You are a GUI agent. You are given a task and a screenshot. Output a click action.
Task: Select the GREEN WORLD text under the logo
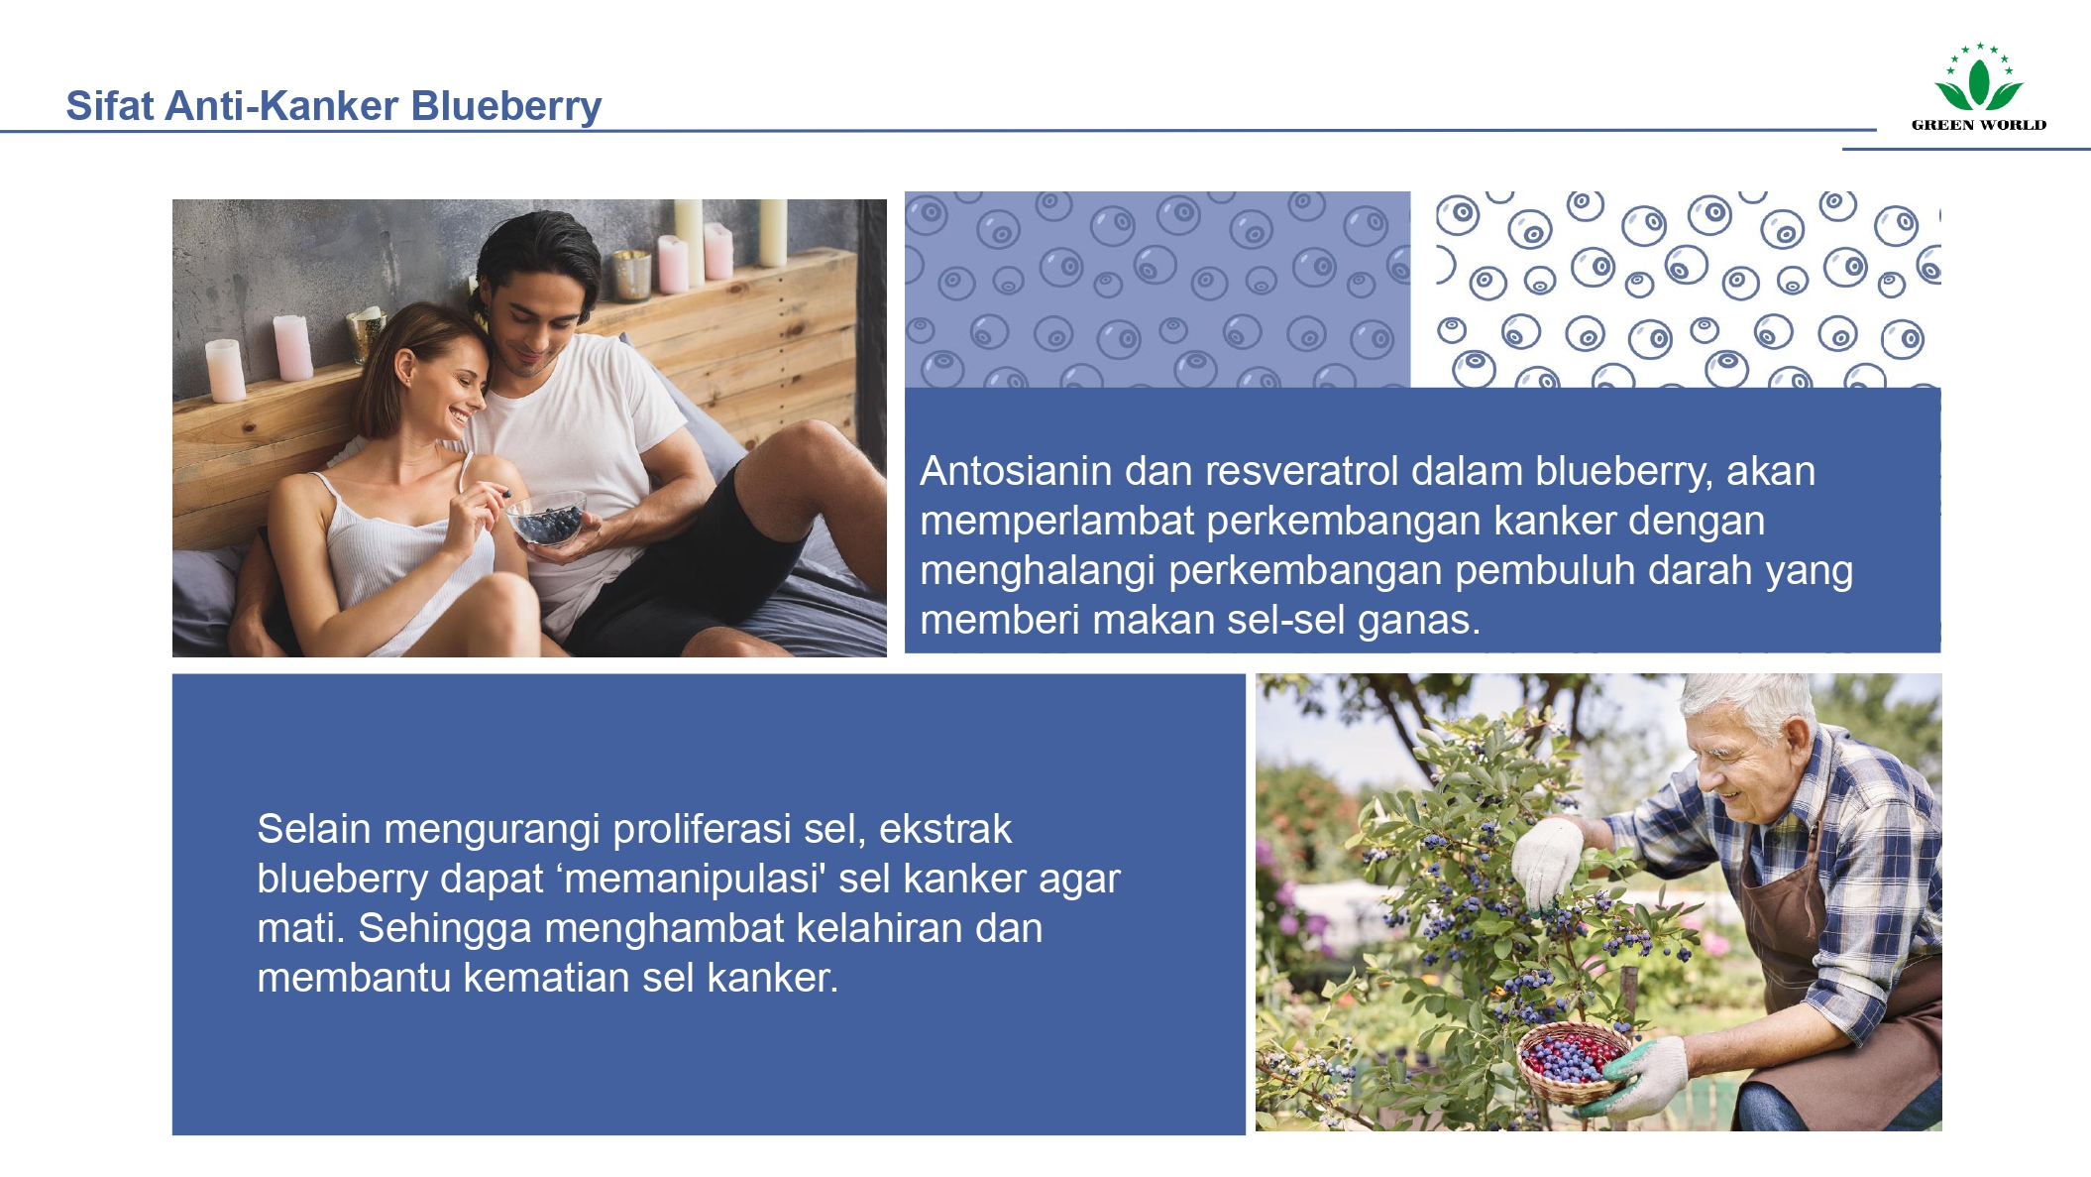point(1978,125)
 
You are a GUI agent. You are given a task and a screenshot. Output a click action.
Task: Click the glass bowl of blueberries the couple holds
point(547,520)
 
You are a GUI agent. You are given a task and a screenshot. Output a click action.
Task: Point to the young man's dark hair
point(536,248)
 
